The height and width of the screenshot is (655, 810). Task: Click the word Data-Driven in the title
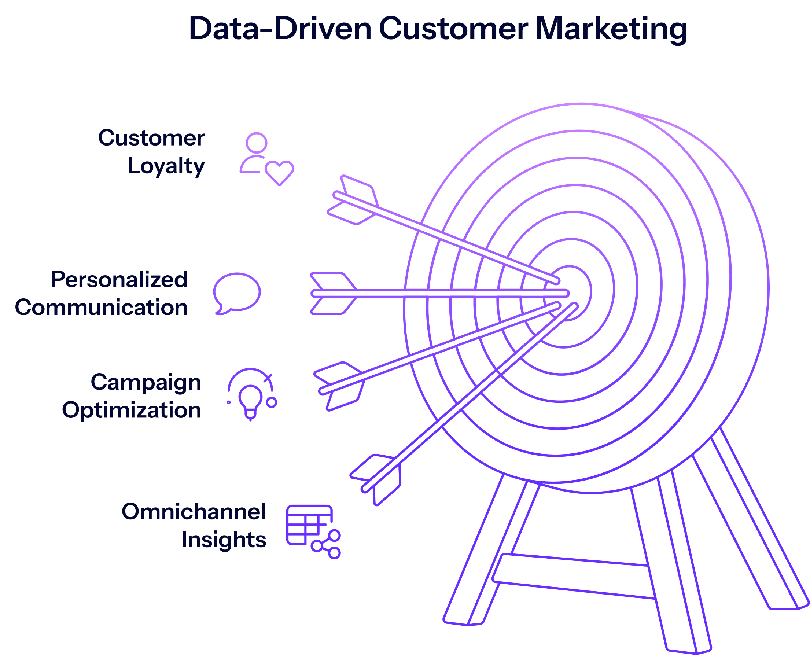280,28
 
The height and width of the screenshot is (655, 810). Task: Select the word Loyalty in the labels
166,166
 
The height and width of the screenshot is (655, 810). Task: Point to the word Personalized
119,280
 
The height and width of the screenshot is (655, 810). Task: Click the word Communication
101,308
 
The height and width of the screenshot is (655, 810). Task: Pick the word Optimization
132,411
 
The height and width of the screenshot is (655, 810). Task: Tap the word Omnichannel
194,512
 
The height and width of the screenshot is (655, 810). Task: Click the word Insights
224,540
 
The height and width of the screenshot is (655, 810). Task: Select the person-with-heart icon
267,159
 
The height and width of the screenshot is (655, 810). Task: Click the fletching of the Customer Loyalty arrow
353,200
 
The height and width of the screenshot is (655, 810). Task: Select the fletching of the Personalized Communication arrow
334,293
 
